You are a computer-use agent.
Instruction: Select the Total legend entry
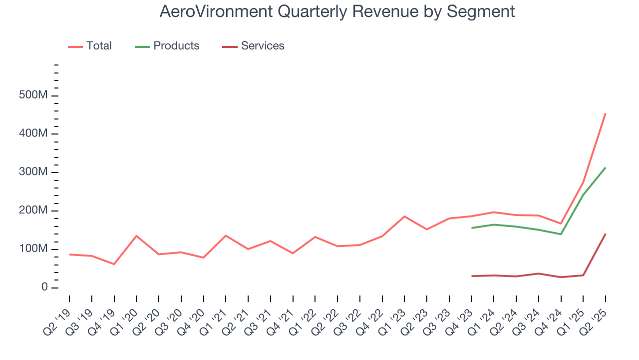click(x=98, y=46)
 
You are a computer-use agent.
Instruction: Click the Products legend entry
click(x=176, y=46)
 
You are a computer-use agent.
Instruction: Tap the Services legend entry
click(x=262, y=46)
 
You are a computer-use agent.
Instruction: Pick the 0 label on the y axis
click(x=44, y=287)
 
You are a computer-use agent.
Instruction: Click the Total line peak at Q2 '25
click(x=606, y=113)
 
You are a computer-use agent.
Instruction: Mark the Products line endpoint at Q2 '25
click(x=606, y=167)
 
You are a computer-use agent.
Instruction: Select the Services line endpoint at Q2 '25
click(x=606, y=233)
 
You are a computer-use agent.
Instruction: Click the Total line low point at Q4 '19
click(x=114, y=264)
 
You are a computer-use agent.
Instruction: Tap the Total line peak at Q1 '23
click(x=404, y=216)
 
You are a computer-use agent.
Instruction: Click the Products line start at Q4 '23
click(x=472, y=228)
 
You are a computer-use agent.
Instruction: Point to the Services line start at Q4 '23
click(x=472, y=276)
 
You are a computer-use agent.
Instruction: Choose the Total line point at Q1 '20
click(x=136, y=236)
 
